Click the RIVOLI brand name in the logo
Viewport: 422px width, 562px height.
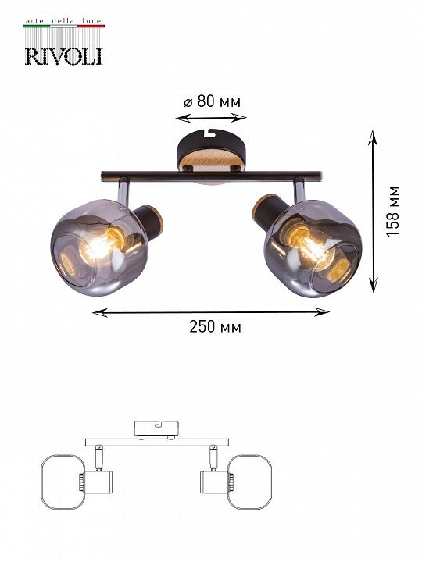[x=64, y=56]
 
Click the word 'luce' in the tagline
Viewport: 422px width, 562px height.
[x=91, y=22]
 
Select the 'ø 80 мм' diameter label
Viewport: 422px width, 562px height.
[x=212, y=101]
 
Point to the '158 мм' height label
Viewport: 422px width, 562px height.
[x=393, y=211]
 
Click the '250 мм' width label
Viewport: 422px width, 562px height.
[x=216, y=326]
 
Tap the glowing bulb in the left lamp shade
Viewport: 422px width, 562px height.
[x=95, y=247]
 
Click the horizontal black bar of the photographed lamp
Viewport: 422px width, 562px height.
[x=211, y=176]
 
